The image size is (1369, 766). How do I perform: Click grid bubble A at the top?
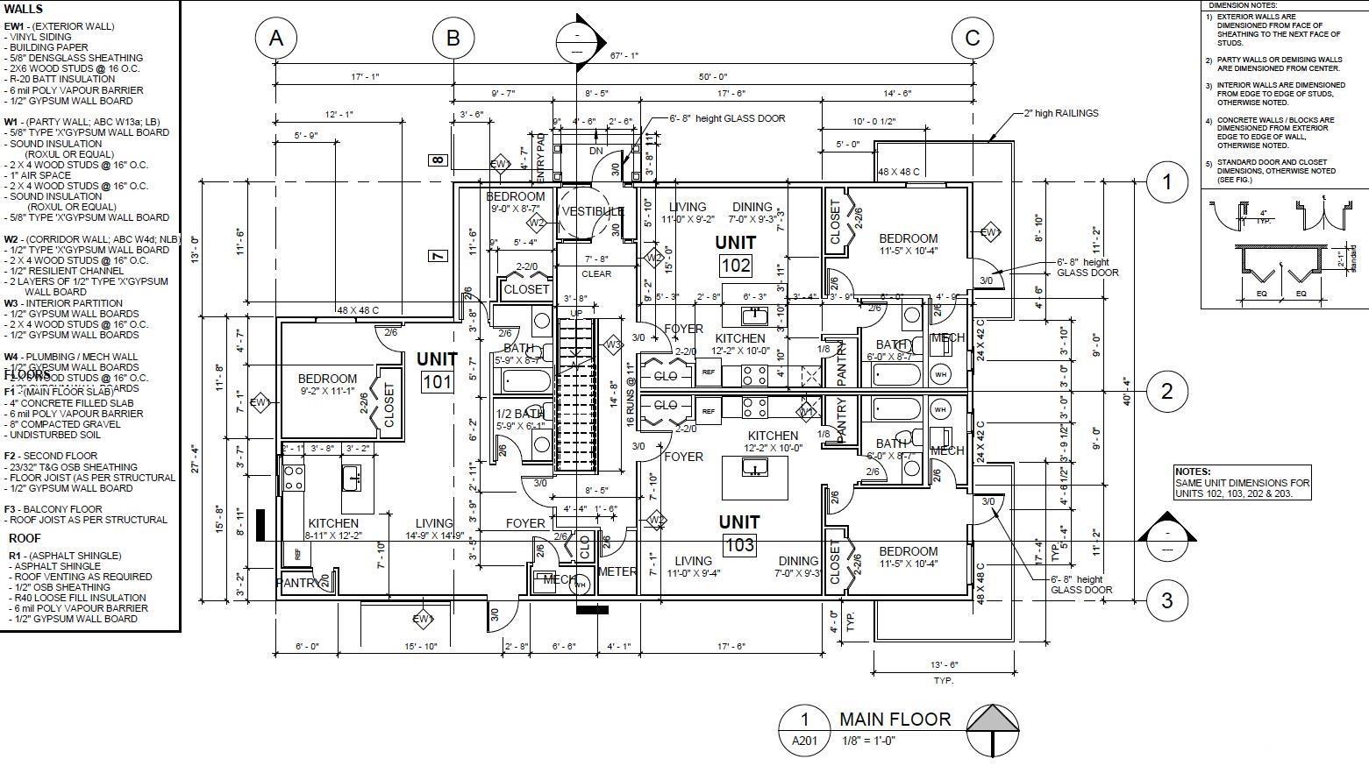point(276,39)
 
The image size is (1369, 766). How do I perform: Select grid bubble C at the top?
point(973,39)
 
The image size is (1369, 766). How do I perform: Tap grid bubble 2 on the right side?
point(1166,391)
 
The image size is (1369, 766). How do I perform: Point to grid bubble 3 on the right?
point(1166,600)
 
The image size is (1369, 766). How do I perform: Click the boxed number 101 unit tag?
point(437,382)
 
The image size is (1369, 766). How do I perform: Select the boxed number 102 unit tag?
point(736,266)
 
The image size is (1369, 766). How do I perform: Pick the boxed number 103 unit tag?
point(739,545)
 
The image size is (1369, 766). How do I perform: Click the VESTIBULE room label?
point(592,211)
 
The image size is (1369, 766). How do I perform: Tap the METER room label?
point(617,571)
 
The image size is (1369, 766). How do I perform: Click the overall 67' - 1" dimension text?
point(624,56)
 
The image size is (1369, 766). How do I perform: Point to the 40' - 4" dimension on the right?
point(1127,391)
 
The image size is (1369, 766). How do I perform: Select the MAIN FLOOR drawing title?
point(895,720)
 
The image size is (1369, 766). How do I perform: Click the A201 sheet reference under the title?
point(804,741)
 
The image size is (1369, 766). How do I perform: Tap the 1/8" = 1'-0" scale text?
point(867,741)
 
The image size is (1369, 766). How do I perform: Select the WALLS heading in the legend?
point(24,9)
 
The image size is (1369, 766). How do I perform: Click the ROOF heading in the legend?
point(26,538)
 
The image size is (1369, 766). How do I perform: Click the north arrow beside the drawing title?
point(993,729)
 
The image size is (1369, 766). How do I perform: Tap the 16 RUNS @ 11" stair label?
point(630,394)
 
